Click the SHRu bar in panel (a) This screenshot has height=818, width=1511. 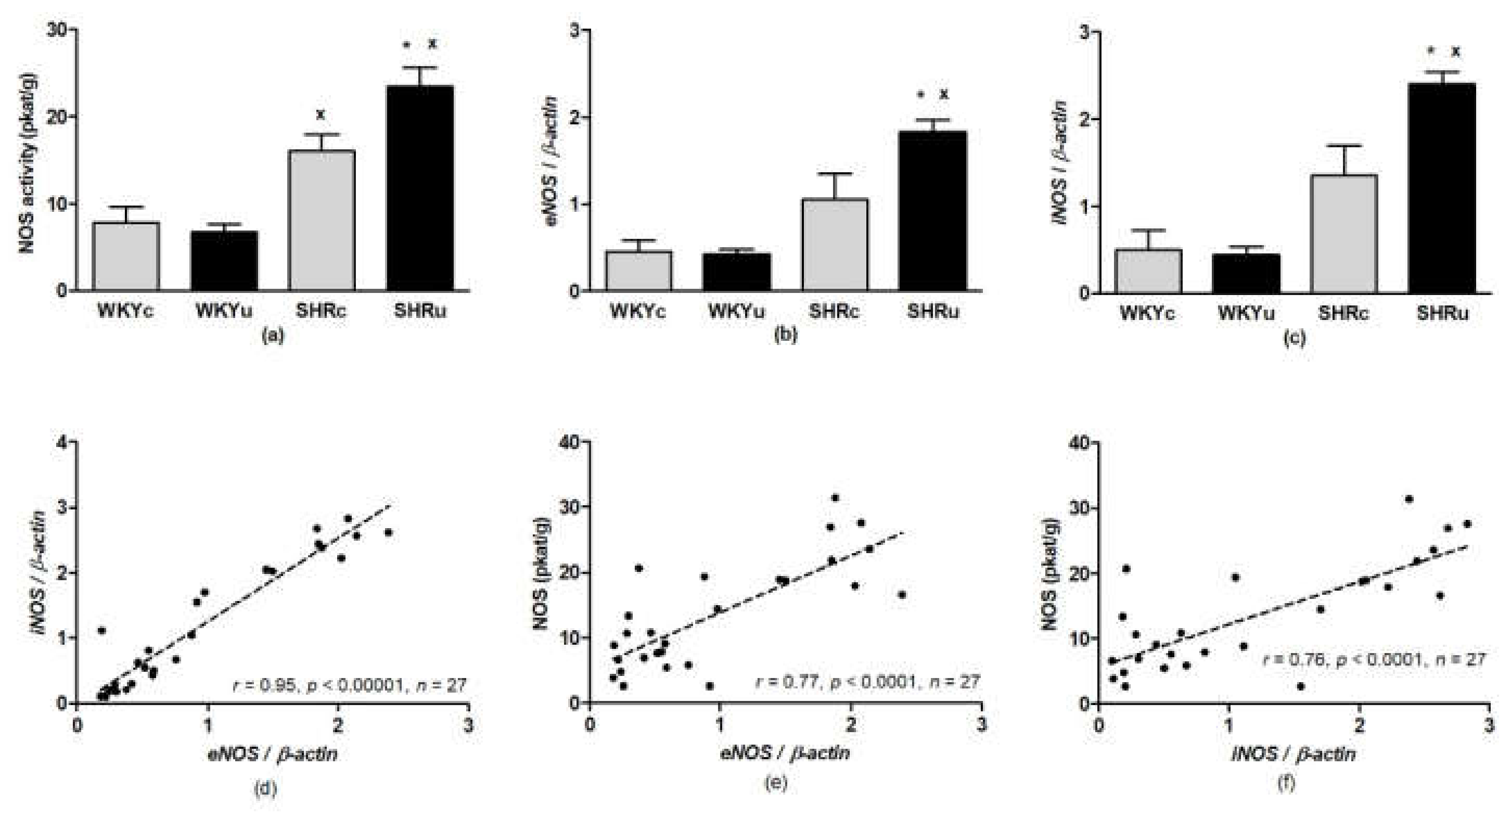[x=419, y=188]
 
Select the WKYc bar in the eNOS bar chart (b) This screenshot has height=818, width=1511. [x=639, y=271]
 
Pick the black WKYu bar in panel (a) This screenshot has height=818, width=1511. [x=224, y=261]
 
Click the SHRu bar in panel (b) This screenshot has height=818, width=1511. [x=932, y=211]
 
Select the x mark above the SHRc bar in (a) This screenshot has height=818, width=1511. [x=321, y=114]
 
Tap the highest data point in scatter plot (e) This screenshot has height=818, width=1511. [x=835, y=498]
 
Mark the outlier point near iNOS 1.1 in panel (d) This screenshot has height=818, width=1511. [x=101, y=631]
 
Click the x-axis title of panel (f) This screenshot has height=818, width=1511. [x=1293, y=753]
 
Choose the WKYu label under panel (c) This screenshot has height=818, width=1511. [x=1246, y=314]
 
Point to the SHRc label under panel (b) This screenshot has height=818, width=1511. [x=834, y=311]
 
